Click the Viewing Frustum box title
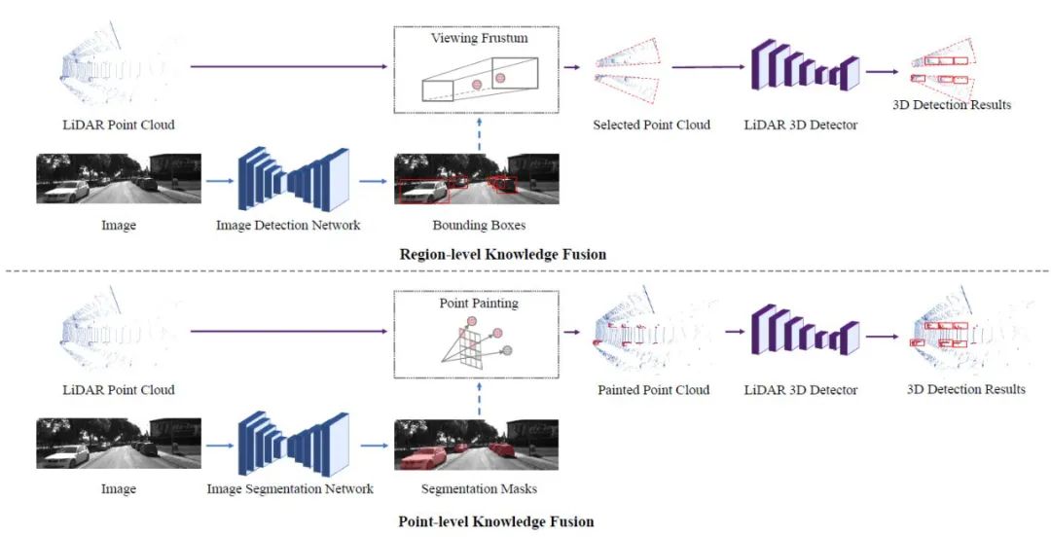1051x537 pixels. (x=479, y=38)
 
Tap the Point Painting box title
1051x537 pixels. (x=479, y=303)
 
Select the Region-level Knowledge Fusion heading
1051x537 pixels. (x=503, y=254)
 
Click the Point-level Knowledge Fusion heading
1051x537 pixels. (x=496, y=520)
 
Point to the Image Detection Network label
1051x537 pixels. (x=287, y=225)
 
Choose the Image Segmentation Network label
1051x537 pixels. (x=290, y=488)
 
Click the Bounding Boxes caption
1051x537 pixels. (x=479, y=225)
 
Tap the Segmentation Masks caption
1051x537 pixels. (x=479, y=488)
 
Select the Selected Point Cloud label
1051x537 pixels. (x=651, y=124)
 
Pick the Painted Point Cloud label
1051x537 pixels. (x=654, y=389)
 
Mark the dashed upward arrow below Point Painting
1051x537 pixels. (x=479, y=399)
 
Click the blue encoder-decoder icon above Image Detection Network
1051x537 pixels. (x=294, y=179)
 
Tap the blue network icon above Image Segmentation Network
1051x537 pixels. (x=294, y=444)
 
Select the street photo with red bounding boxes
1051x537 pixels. (x=477, y=179)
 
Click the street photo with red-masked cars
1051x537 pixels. (x=477, y=444)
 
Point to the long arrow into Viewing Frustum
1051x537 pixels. (x=290, y=66)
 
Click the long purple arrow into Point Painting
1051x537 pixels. (x=290, y=331)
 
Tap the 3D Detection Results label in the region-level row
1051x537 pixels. (x=952, y=104)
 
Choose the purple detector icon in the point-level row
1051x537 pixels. (x=805, y=330)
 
